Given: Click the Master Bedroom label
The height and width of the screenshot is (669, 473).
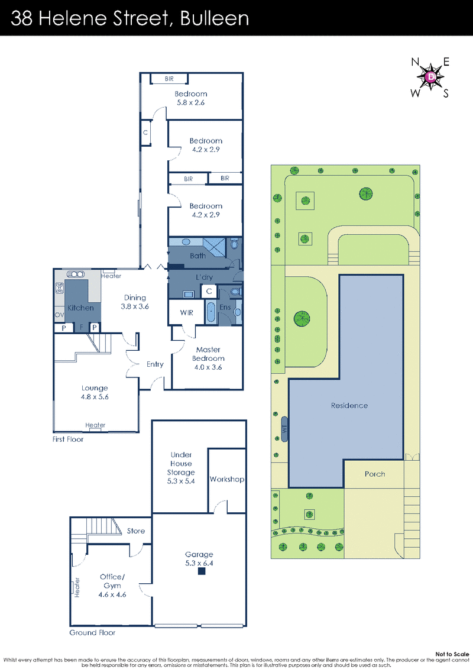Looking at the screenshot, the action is tap(208, 354).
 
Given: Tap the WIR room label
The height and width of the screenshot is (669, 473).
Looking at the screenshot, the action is tap(186, 313).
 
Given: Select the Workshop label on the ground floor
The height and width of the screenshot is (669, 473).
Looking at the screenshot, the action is tap(227, 479).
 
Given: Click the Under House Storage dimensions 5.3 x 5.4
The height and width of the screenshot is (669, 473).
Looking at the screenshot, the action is tap(181, 481).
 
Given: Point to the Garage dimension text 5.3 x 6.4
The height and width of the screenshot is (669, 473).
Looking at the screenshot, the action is tap(199, 563).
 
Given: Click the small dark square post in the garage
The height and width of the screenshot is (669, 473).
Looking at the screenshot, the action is tap(202, 571).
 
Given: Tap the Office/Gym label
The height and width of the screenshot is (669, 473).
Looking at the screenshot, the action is tap(112, 581).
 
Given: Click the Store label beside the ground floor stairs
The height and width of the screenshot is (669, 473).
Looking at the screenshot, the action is tap(135, 531).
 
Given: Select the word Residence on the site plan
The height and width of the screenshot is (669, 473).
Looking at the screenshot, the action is tap(349, 405).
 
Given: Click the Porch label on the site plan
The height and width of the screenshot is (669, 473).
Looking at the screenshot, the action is tap(375, 474).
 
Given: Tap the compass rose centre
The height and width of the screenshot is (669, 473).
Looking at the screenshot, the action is tap(431, 77).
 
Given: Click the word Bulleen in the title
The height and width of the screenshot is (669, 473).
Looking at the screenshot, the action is tap(215, 18).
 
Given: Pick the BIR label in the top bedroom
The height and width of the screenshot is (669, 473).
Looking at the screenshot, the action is tap(169, 79).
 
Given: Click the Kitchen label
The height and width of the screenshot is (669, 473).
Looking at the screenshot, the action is tap(80, 308).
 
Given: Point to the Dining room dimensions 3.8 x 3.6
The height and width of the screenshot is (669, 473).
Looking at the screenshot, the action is tap(135, 306).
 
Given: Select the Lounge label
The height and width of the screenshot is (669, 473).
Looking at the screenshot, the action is tap(95, 388).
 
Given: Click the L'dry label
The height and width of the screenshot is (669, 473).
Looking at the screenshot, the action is tap(205, 277).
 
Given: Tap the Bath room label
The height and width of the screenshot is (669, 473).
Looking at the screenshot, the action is tap(197, 256).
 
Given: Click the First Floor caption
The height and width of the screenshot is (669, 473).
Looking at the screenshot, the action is tap(68, 439).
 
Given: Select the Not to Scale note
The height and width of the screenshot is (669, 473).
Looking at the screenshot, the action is tap(452, 654).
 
